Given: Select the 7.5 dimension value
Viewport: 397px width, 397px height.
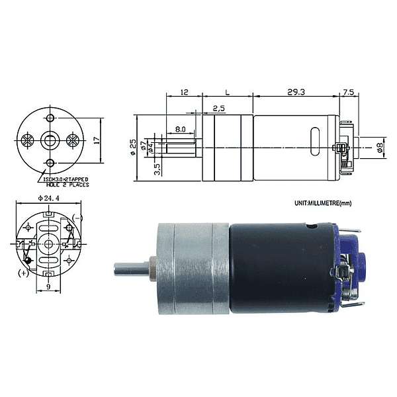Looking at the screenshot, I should (x=349, y=93).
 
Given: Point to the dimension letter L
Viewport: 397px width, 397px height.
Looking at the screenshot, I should (x=228, y=93).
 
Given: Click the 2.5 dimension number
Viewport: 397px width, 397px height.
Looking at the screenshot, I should (x=218, y=108).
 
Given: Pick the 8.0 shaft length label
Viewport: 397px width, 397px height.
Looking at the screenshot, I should (x=180, y=130).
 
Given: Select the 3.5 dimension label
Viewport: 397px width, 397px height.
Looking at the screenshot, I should (x=156, y=169).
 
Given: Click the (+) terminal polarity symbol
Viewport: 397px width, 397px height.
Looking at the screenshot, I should (x=24, y=272).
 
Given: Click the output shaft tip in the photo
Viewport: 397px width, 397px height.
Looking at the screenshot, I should (x=118, y=269).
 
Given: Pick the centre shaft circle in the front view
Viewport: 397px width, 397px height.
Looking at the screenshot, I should (x=50, y=140).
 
